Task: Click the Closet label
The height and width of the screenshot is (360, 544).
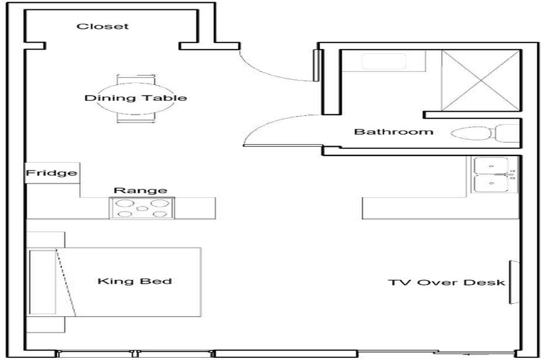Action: [103, 27]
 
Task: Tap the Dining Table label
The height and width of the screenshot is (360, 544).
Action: [136, 98]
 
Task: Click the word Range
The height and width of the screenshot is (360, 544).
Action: [141, 191]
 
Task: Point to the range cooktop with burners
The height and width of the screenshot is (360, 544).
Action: [142, 208]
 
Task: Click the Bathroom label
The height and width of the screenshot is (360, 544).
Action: [393, 132]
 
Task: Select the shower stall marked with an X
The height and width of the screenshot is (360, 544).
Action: [480, 79]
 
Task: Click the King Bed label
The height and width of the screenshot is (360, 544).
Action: [135, 281]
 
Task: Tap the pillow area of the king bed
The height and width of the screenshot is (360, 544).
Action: [43, 282]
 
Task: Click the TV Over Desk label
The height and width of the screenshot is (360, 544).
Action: [446, 282]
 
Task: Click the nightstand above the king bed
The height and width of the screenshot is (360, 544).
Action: [47, 240]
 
